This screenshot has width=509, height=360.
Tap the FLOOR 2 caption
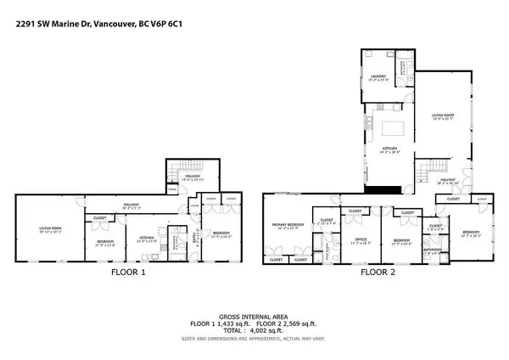380,273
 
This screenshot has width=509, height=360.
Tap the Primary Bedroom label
287,227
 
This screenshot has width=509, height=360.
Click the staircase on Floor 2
428,172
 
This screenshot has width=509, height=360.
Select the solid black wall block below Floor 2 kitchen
389,188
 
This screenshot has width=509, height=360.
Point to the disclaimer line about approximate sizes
254,339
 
